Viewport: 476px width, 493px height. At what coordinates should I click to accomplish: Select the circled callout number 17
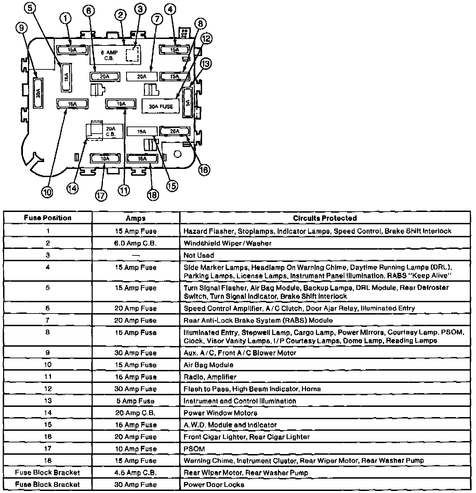click(101, 196)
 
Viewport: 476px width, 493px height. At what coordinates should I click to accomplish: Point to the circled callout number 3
click(140, 10)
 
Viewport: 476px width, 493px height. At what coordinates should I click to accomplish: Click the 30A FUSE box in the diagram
click(161, 106)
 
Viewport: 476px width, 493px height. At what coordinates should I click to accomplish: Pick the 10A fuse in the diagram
click(105, 159)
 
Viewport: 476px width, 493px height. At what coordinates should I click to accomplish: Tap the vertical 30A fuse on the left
click(38, 93)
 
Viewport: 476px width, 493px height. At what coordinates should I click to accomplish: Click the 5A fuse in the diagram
click(188, 103)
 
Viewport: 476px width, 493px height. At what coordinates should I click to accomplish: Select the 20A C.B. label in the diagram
click(110, 132)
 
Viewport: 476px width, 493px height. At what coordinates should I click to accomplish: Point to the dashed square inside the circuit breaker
click(132, 54)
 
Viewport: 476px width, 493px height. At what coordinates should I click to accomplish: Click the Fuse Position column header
click(48, 218)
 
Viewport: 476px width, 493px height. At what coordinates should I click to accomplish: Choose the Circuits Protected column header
click(325, 218)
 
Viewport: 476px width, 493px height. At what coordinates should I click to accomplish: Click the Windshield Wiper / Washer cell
click(227, 243)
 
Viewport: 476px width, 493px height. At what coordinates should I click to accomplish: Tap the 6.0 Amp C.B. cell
click(136, 243)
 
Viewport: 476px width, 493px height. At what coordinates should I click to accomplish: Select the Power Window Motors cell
click(220, 413)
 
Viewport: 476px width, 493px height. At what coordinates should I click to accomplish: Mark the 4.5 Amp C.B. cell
click(136, 473)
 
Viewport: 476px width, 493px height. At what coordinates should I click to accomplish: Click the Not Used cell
click(199, 255)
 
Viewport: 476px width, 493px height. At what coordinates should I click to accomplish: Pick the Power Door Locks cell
click(214, 485)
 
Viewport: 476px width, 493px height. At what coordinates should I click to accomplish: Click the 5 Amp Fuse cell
click(136, 401)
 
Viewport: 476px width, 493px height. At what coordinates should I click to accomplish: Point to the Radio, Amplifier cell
click(210, 377)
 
